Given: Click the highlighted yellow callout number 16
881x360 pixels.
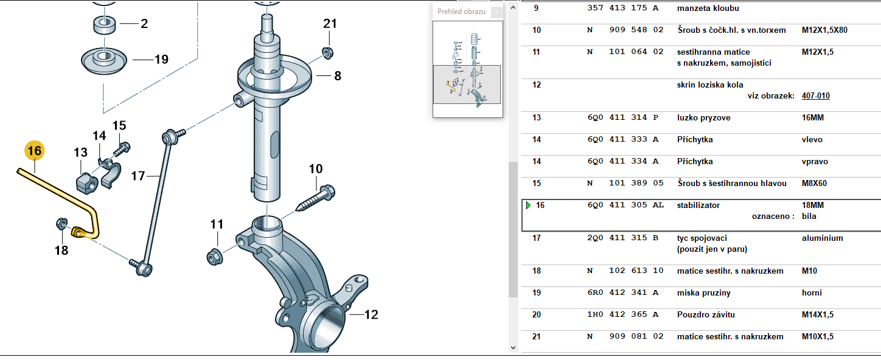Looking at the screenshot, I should pyautogui.click(x=34, y=150).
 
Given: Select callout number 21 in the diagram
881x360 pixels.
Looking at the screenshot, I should pyautogui.click(x=330, y=24).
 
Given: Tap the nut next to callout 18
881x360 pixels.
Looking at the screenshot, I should pyautogui.click(x=61, y=223).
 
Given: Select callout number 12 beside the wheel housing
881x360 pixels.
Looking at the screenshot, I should pyautogui.click(x=371, y=315).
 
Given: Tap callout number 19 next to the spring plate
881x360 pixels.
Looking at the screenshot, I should pyautogui.click(x=161, y=60).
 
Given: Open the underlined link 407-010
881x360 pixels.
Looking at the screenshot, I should pyautogui.click(x=815, y=95).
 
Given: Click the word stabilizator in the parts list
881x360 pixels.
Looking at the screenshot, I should pyautogui.click(x=698, y=205).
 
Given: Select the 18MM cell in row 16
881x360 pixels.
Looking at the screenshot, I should pyautogui.click(x=813, y=205).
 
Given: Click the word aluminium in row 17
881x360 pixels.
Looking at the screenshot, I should pyautogui.click(x=822, y=238).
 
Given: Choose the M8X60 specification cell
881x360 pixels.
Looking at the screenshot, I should pyautogui.click(x=814, y=183).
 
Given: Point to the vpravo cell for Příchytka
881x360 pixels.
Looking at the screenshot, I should pyautogui.click(x=815, y=161).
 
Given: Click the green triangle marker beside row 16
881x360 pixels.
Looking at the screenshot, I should pyautogui.click(x=528, y=205).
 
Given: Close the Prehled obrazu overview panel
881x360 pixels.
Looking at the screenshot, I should pyautogui.click(x=497, y=12).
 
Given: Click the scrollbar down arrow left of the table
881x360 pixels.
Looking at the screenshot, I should pyautogui.click(x=513, y=347).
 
